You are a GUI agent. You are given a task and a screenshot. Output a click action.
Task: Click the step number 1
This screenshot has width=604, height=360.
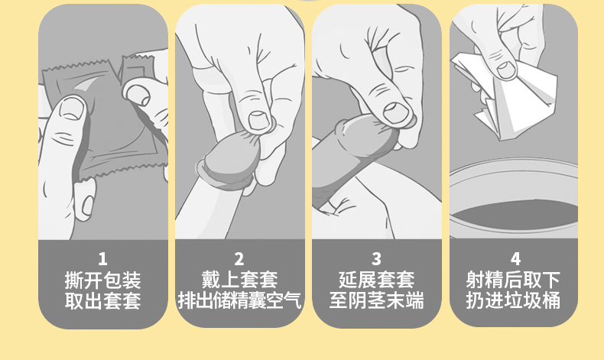[102, 259]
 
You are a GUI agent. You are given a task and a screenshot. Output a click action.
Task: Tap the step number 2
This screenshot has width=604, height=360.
[239, 259]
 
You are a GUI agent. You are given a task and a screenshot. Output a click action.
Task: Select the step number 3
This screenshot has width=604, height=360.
[376, 259]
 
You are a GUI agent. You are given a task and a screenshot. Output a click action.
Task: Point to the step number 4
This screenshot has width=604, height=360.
[515, 259]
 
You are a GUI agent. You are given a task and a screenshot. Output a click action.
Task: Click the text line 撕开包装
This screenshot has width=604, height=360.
[103, 280]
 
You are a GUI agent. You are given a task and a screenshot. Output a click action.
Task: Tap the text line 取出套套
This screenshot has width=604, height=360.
[103, 300]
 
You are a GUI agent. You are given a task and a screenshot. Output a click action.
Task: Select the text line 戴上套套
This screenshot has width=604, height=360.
[239, 280]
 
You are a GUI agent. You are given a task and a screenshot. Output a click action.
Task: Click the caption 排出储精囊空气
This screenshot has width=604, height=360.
[239, 300]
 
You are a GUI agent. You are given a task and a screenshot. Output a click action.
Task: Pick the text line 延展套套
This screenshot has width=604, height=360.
[376, 280]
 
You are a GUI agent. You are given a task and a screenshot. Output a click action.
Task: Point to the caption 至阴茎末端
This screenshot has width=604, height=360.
[376, 300]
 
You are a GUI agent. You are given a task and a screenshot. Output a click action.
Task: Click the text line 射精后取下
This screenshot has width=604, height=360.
[513, 280]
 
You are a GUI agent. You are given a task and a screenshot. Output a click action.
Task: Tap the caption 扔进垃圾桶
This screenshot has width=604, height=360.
[513, 300]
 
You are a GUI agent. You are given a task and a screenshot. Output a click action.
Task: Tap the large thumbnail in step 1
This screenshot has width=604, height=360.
[72, 109]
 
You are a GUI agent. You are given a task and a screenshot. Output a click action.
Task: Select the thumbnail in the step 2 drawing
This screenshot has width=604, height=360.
[258, 121]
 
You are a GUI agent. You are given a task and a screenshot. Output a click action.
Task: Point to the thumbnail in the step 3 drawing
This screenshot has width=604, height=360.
[396, 113]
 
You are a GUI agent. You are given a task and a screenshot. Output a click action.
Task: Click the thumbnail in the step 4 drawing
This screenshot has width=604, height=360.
[506, 70]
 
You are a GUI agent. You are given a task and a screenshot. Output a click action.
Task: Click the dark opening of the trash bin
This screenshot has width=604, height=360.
[515, 216]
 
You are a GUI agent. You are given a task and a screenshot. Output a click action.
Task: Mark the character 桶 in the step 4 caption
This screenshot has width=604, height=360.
[550, 300]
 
